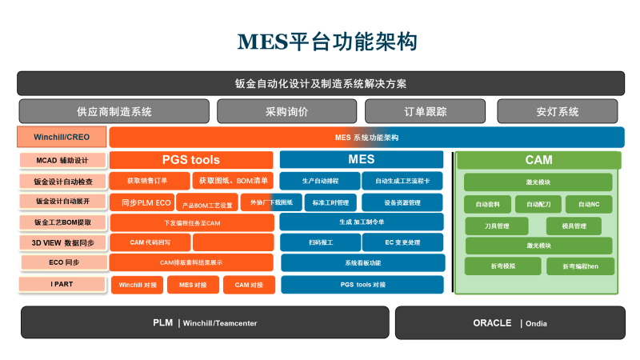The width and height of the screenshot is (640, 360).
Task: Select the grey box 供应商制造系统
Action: click(114, 111)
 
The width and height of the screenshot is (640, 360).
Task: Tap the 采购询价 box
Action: click(286, 111)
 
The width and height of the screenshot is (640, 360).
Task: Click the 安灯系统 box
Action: click(558, 111)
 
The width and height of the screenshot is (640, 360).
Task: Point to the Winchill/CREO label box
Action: click(62, 137)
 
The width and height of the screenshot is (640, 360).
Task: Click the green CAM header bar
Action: click(538, 160)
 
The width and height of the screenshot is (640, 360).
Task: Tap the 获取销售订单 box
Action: click(150, 181)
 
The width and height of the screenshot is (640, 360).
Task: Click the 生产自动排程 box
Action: click(319, 181)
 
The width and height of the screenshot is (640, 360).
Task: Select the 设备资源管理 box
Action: click(402, 202)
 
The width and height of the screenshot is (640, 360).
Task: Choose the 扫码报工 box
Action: click(319, 242)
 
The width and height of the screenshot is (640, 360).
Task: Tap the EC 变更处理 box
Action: click(402, 242)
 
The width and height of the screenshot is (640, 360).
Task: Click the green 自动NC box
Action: click(589, 205)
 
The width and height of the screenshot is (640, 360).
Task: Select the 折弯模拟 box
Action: click(502, 266)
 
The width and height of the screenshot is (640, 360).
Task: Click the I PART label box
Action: click(62, 284)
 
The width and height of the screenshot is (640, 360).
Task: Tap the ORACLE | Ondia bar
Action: click(510, 323)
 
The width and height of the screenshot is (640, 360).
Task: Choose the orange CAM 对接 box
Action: click(248, 284)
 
